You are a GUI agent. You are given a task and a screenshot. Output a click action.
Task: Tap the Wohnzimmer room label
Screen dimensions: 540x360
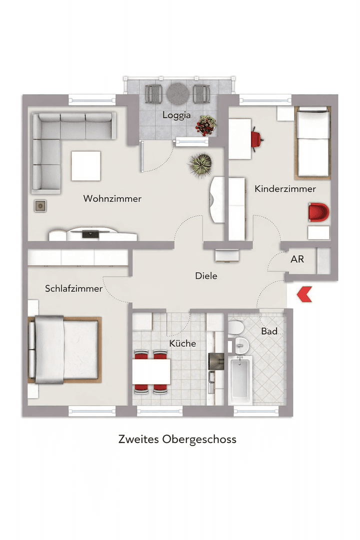(112, 199)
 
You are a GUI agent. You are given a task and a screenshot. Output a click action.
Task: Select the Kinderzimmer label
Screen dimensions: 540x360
(285, 189)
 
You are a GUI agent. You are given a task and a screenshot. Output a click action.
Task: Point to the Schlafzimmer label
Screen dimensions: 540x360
(73, 289)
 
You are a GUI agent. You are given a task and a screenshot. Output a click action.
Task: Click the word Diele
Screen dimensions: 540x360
(206, 275)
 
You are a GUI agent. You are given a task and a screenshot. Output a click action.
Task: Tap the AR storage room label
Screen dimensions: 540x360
(297, 259)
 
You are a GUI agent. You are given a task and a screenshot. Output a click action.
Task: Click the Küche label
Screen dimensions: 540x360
(182, 343)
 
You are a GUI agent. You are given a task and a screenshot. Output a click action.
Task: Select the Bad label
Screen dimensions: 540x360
(269, 331)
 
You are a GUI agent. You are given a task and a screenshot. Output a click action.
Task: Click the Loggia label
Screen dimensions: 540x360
(176, 115)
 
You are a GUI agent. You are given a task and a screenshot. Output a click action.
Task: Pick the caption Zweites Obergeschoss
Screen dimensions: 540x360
(177, 439)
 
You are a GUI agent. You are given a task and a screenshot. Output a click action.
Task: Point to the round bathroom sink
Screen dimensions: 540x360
(241, 344)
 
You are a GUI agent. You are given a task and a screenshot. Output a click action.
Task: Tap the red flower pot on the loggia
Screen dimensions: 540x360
(206, 124)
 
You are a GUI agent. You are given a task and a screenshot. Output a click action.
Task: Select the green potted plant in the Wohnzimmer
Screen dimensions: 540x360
(200, 164)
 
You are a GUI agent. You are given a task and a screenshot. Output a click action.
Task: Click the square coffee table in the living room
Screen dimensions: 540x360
(86, 166)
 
